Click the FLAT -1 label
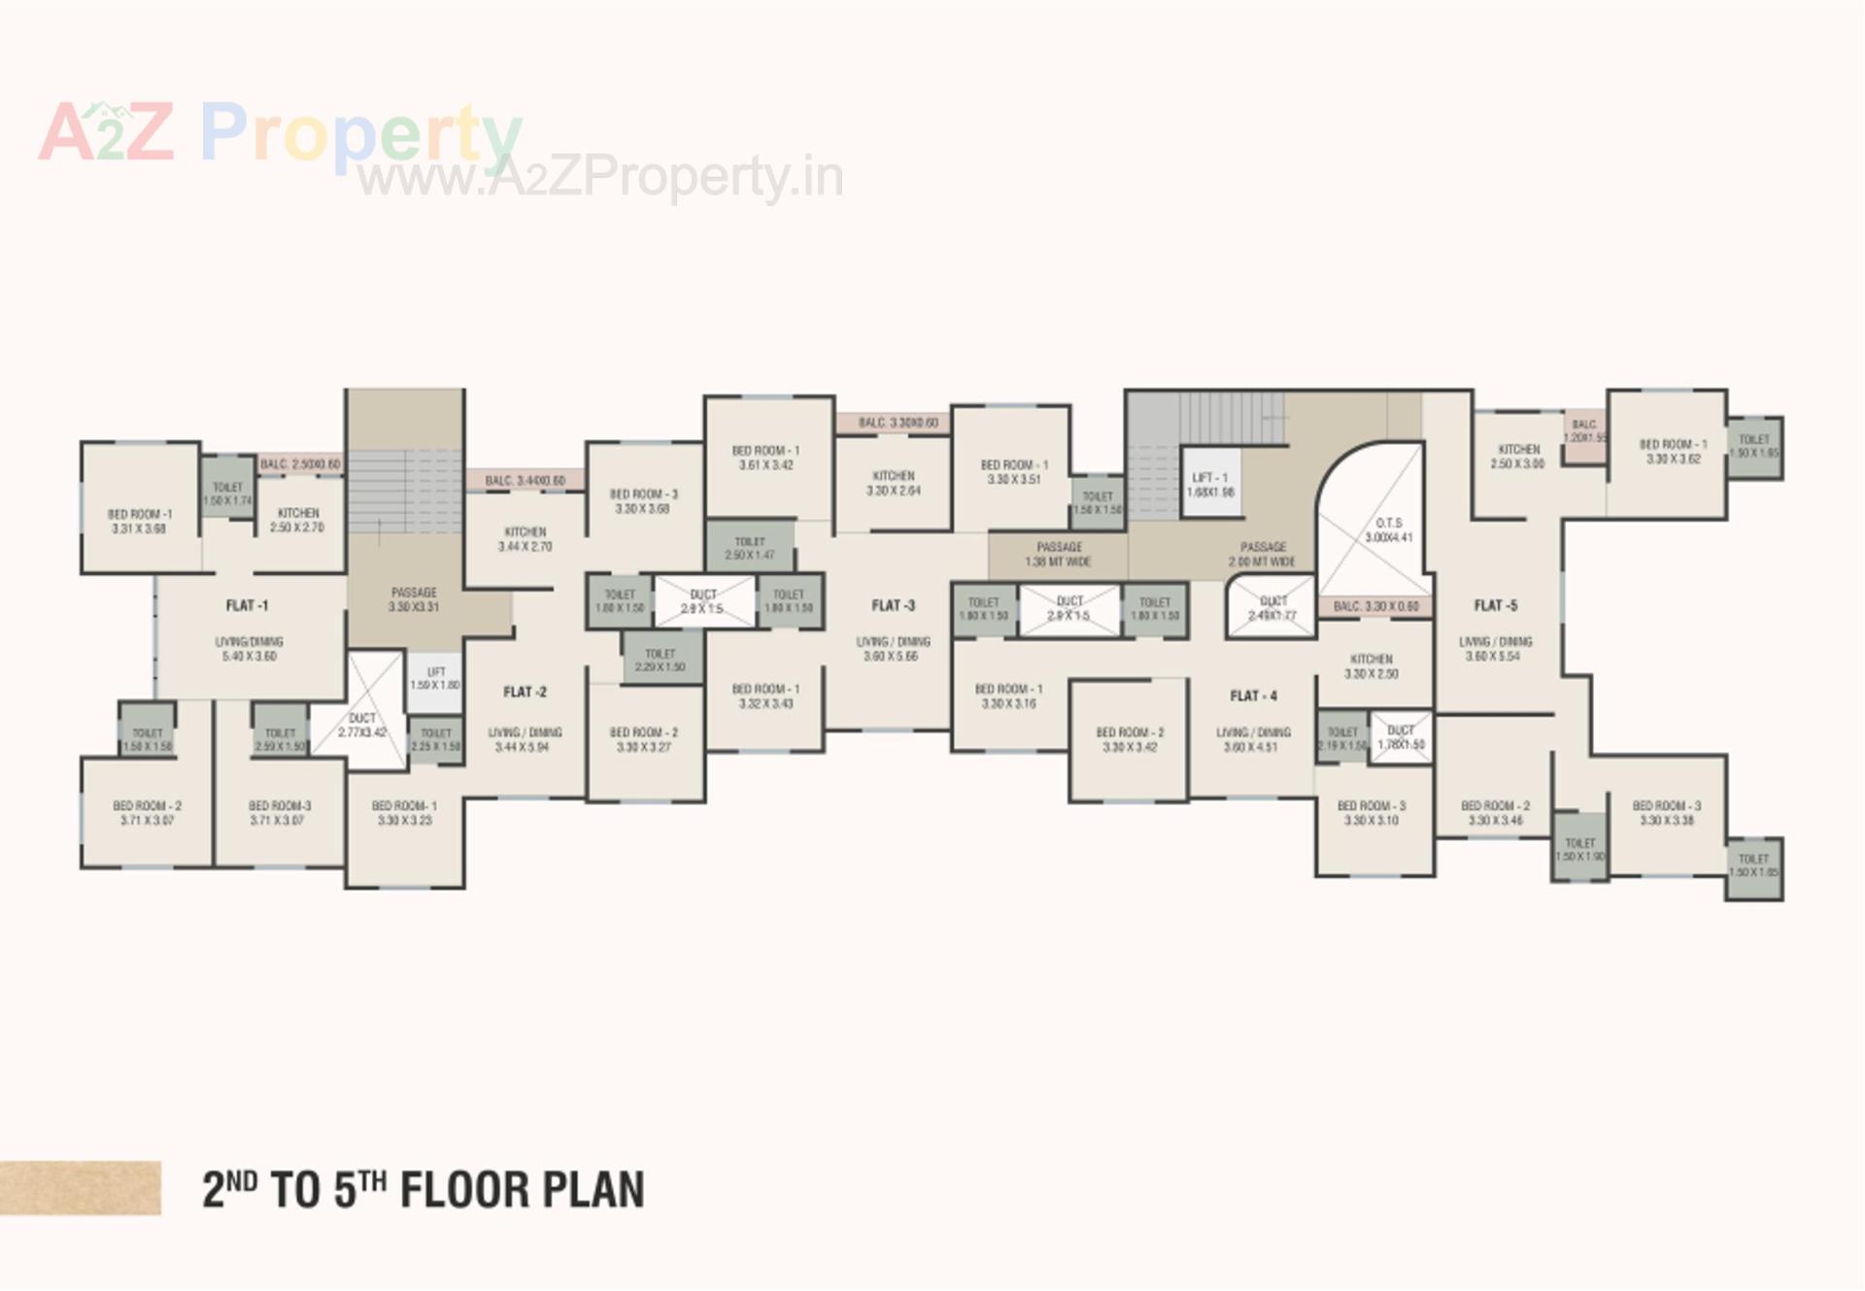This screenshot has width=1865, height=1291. point(247,606)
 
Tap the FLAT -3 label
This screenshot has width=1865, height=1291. point(893,606)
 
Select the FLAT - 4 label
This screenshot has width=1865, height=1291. point(1253,696)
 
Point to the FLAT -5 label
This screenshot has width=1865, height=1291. point(1495,606)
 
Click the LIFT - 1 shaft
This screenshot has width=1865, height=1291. point(1210,485)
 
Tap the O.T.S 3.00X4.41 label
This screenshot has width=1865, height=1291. point(1388,530)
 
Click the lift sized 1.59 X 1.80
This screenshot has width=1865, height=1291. point(435,679)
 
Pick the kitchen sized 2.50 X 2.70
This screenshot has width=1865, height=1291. point(297,520)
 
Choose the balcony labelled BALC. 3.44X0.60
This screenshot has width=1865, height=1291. point(525,481)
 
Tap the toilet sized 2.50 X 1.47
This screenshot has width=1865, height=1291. point(750,548)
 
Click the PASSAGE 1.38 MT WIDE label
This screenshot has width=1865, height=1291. point(1059,555)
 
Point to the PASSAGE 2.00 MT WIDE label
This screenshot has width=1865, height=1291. point(1263,555)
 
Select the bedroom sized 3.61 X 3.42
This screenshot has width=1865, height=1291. point(765,458)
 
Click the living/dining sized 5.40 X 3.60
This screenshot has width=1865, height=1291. point(249,649)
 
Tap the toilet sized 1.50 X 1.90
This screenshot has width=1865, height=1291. point(1580,850)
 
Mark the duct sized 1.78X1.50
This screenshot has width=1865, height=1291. point(1401,737)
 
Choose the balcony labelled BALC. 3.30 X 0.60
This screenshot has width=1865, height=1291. point(1375,607)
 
